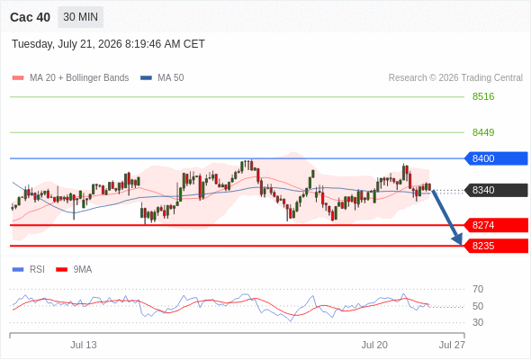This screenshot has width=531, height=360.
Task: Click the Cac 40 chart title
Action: click(30, 17)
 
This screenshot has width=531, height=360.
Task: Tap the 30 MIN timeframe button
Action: click(81, 16)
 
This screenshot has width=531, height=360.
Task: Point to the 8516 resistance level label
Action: click(483, 96)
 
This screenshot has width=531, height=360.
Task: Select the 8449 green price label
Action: click(483, 132)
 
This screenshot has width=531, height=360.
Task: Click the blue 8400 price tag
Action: click(496, 158)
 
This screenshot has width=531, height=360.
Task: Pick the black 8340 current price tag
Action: click(496, 190)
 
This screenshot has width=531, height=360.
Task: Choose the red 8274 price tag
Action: click(496, 225)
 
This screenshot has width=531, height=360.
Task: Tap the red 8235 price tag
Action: click(496, 246)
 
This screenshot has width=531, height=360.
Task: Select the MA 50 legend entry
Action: click(162, 78)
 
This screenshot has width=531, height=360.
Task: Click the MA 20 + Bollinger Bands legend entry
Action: click(70, 78)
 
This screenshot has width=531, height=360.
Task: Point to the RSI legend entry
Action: click(29, 270)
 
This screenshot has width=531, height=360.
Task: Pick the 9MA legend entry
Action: click(74, 270)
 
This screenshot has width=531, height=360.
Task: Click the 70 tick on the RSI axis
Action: click(478, 289)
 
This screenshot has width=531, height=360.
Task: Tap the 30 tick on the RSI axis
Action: click(478, 322)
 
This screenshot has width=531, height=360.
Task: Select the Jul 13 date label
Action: click(84, 345)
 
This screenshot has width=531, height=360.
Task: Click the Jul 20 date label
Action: click(374, 345)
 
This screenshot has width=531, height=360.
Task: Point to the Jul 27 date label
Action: click(452, 345)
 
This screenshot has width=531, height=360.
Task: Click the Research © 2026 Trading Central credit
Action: click(455, 78)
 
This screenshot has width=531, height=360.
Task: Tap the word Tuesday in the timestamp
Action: click(32, 44)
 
